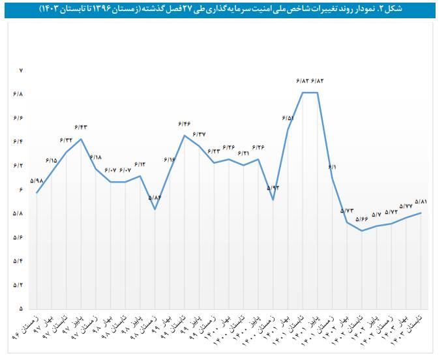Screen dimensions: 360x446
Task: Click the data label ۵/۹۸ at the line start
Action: click(x=37, y=181)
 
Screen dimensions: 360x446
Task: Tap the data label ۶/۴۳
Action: click(x=81, y=127)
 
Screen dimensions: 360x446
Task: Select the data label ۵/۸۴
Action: click(x=155, y=197)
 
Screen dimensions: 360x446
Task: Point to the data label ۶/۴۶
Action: click(x=185, y=123)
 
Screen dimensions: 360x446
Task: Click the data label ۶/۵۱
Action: click(x=288, y=118)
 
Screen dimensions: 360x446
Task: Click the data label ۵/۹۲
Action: click(x=273, y=188)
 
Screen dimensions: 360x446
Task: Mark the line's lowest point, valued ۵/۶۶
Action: click(x=362, y=230)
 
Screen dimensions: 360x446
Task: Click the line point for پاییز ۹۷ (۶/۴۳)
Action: click(x=81, y=139)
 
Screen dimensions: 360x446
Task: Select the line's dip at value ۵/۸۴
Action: click(x=155, y=209)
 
